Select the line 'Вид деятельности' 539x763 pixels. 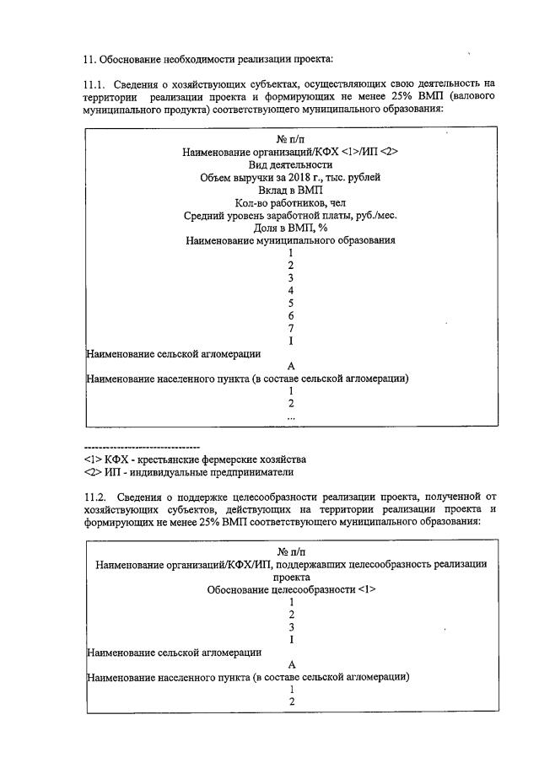pyautogui.click(x=290, y=164)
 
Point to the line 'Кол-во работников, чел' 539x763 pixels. pyautogui.click(x=290, y=202)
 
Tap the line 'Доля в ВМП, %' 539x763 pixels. pyautogui.click(x=290, y=228)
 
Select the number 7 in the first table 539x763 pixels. pyautogui.click(x=290, y=328)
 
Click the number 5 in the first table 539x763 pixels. pyautogui.click(x=290, y=303)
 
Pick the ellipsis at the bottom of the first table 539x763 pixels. pyautogui.click(x=290, y=416)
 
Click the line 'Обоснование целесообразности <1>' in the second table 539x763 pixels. pyautogui.click(x=290, y=589)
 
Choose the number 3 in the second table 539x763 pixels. pyautogui.click(x=290, y=626)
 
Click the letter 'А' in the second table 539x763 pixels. pyautogui.click(x=290, y=664)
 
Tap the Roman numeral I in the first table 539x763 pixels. pyautogui.click(x=290, y=341)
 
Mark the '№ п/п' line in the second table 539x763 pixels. pyautogui.click(x=290, y=552)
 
